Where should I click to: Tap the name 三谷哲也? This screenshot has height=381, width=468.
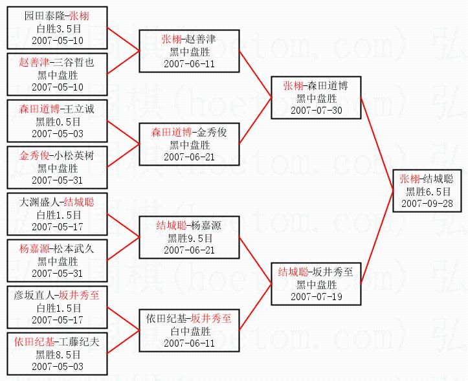click(x=74, y=62)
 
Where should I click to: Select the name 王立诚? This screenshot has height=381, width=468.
click(x=79, y=109)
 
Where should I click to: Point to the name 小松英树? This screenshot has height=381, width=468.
click(x=74, y=155)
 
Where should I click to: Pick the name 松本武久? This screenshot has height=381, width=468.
click(x=74, y=248)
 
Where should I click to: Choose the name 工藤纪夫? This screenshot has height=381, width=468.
click(x=79, y=342)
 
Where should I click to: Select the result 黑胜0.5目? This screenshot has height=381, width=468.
click(x=58, y=122)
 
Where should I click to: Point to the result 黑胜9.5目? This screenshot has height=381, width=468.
click(x=190, y=238)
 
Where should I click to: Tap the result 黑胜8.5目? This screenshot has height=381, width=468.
click(x=58, y=354)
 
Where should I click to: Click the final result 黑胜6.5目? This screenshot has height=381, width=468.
click(x=428, y=191)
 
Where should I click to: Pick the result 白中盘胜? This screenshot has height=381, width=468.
click(x=190, y=331)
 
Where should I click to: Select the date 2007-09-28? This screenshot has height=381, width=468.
click(x=427, y=204)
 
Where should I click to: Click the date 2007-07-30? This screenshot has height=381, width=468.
click(x=317, y=111)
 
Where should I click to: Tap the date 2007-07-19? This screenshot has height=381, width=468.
click(x=317, y=296)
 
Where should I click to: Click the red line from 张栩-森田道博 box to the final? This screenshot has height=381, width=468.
click(x=377, y=144)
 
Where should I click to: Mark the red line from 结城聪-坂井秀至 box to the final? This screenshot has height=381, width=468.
click(x=377, y=237)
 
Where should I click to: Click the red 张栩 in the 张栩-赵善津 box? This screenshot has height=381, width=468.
click(x=172, y=39)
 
